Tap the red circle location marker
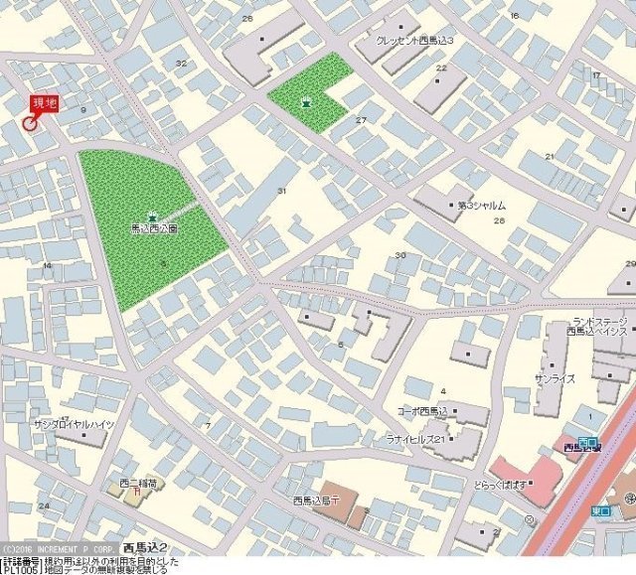point(29,123)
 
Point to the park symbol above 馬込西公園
point(152,216)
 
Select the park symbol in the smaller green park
point(306,100)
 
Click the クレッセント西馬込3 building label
point(414,41)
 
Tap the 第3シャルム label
point(482,206)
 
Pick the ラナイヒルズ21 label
point(414,438)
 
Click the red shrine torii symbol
point(134,495)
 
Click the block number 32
point(181,64)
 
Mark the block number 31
point(282,190)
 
